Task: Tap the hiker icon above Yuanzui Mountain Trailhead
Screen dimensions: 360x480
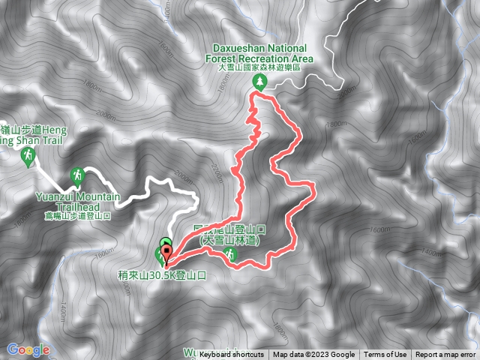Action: pos(76,177)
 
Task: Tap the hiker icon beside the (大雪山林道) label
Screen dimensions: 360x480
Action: pos(232,255)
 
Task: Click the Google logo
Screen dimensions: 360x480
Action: pos(28,349)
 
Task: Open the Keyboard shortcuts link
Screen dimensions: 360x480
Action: pos(232,355)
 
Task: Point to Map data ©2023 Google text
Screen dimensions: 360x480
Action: pos(313,355)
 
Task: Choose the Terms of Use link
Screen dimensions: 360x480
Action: pos(385,355)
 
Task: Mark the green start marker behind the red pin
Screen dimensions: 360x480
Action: pos(165,241)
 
